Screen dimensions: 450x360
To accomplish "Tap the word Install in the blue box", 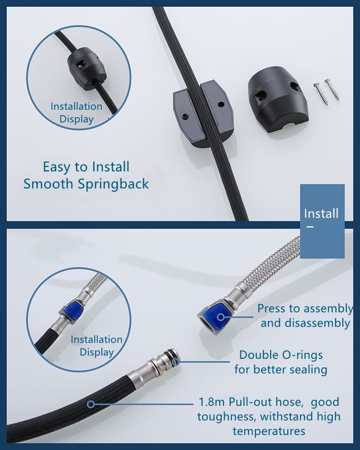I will tap(321, 213).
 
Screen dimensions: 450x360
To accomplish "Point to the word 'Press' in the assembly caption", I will tap(272, 308).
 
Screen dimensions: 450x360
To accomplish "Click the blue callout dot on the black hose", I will tap(90, 404).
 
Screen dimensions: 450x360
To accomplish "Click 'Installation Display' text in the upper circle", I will tap(76, 112).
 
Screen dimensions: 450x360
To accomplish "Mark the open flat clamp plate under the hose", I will tap(203, 113).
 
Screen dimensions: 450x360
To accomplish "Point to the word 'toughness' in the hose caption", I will tap(225, 416).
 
